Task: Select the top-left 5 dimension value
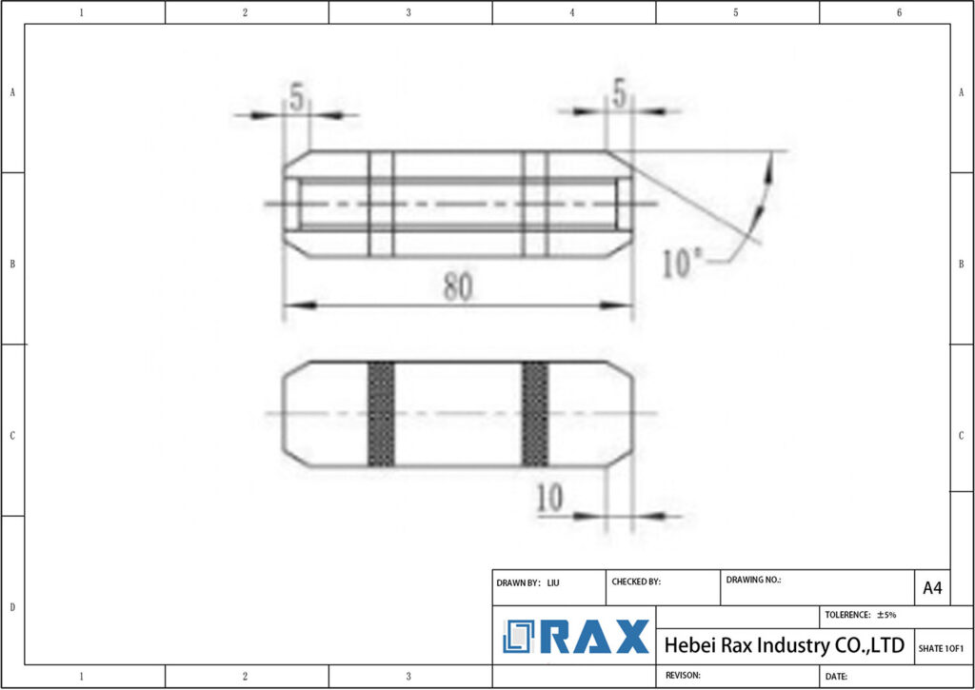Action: (x=297, y=97)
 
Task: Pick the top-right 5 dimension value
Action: (x=620, y=93)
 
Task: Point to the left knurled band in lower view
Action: (x=381, y=414)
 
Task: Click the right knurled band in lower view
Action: (x=535, y=414)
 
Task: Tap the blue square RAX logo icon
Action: (x=520, y=636)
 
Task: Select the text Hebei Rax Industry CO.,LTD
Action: (x=784, y=645)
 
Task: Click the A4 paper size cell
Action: (x=932, y=588)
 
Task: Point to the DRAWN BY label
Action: (x=519, y=582)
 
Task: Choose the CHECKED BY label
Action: (x=636, y=582)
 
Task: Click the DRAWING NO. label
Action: (x=753, y=579)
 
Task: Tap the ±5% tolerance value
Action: (x=886, y=615)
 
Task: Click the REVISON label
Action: (x=682, y=675)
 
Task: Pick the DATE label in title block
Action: (x=836, y=676)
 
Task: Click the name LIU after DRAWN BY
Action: (x=553, y=582)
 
